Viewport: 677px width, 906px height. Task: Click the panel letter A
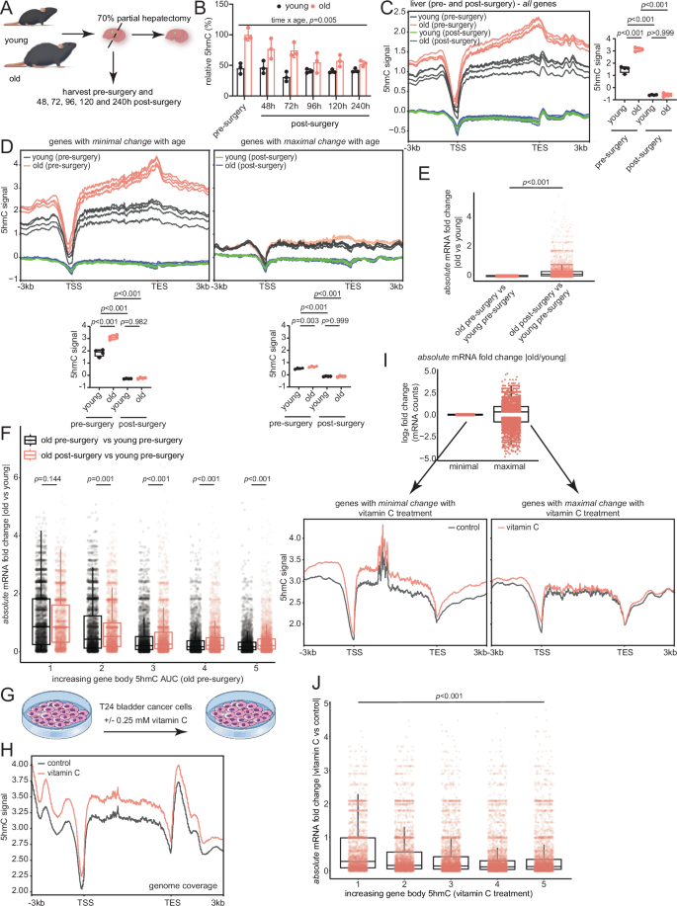tap(6, 8)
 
